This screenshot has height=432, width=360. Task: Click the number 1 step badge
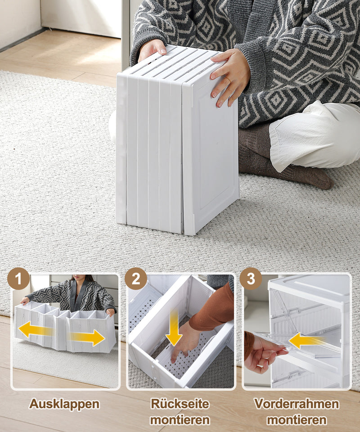[18, 279]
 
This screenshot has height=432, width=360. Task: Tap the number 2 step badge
[136, 279]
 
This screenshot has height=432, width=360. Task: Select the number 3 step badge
[251, 279]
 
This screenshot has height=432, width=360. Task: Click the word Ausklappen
[64, 404]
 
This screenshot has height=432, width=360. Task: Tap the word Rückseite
[180, 404]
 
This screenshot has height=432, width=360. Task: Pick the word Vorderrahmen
[296, 404]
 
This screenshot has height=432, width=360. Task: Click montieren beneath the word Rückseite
[180, 420]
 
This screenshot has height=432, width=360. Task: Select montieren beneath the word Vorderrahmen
[296, 420]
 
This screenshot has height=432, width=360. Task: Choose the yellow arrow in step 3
[306, 341]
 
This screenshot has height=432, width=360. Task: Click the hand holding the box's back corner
[152, 49]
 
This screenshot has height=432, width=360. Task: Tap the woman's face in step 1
[77, 279]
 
